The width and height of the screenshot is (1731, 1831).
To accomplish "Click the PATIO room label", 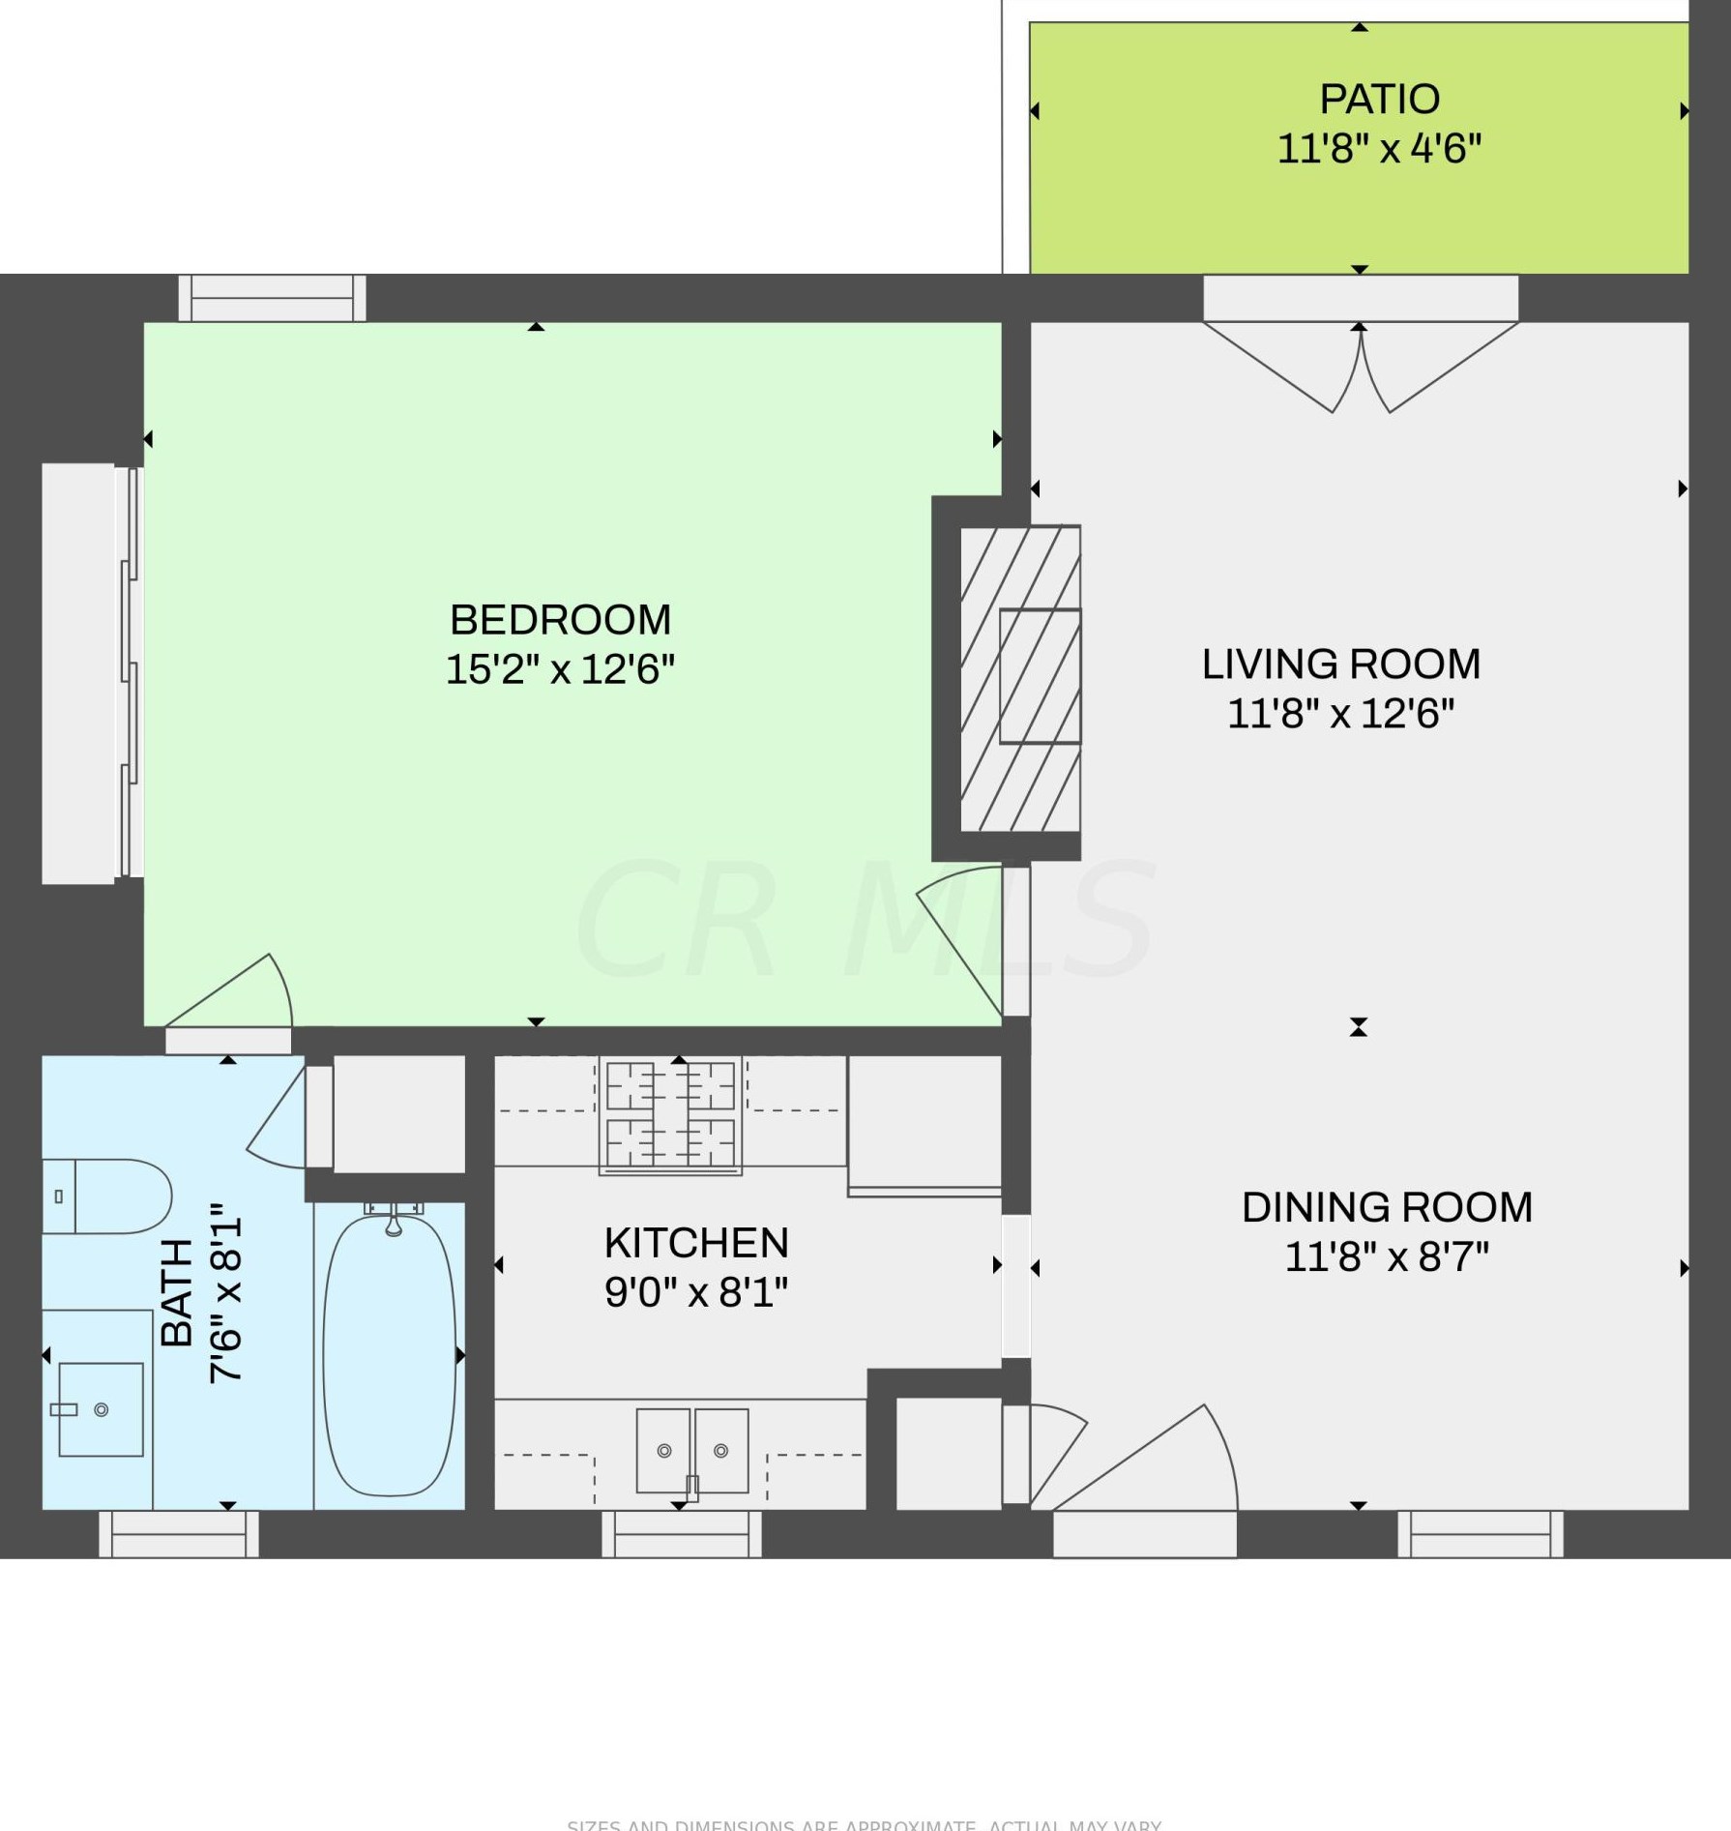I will (1379, 99).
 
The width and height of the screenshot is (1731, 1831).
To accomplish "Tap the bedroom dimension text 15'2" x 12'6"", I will (560, 669).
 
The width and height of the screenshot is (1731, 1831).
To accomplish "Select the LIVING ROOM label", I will (1340, 664).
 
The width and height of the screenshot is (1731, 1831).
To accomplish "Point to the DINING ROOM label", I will (1387, 1207).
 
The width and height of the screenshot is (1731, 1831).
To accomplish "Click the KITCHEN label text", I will (696, 1243).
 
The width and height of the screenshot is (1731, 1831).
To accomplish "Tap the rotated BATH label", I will (177, 1293).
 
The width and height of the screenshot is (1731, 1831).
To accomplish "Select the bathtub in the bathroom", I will (390, 1354).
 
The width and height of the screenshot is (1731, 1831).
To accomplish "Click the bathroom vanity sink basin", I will (101, 1409).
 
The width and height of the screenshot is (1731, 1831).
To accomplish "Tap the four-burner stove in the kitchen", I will (670, 1114).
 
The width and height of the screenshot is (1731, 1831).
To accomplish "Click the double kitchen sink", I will (692, 1451).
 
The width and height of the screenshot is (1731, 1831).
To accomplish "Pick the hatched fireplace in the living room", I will (1020, 678).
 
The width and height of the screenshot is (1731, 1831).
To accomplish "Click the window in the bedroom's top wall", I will (273, 298).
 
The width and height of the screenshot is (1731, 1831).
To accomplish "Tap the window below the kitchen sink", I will (682, 1534).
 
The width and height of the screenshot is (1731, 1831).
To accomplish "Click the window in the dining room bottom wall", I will (1480, 1534).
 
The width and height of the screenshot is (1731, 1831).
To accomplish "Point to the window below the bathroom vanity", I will (179, 1534).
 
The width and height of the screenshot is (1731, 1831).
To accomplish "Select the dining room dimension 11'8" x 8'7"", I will (1387, 1257).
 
